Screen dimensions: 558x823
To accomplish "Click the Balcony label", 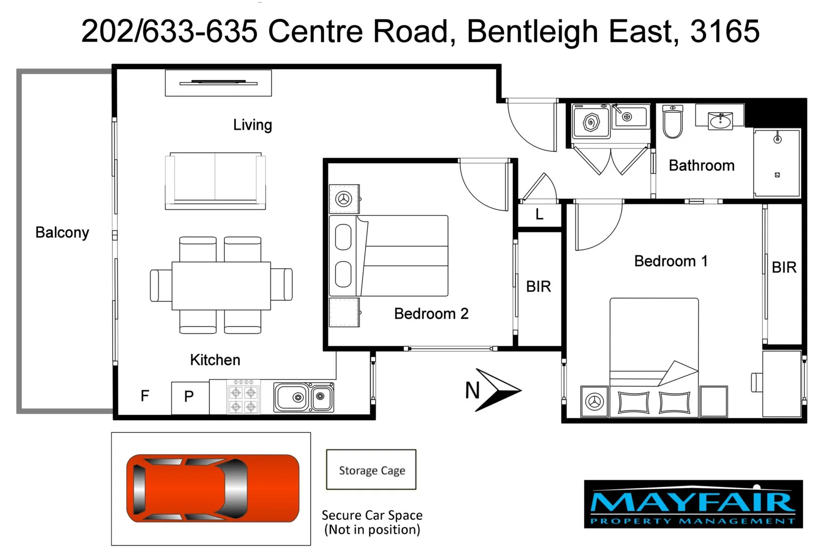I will (62, 233).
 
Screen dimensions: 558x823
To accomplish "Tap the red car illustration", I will (212, 488).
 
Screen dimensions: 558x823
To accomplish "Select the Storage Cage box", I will (371, 470).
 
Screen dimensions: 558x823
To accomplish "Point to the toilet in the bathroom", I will (673, 122).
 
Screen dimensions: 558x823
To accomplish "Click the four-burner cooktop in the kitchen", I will (243, 397).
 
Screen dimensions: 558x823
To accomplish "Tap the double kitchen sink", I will (304, 397).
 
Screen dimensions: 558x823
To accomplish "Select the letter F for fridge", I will (145, 396).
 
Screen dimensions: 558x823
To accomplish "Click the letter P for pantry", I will (189, 396).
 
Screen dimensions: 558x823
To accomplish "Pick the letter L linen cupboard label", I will (539, 214).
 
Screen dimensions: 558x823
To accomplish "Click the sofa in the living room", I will (215, 180).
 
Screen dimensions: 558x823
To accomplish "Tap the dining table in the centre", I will (221, 286).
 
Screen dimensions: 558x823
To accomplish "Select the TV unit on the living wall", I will (218, 83).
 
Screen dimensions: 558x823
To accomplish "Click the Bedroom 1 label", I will (670, 261).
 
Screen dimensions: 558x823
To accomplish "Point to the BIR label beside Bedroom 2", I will (538, 286).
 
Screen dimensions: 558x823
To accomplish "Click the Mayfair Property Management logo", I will (693, 504).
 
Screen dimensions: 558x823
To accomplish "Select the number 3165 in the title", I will (725, 31).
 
